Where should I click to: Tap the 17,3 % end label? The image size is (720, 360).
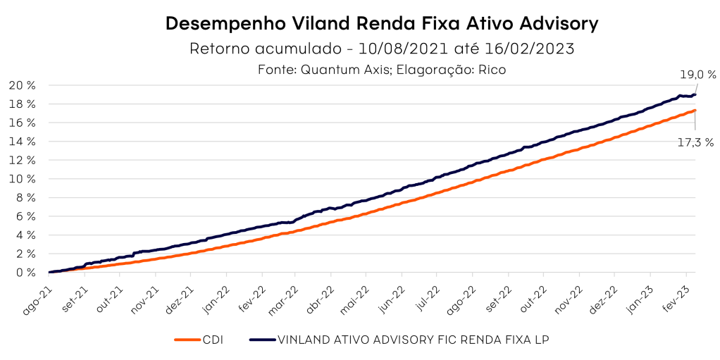695,142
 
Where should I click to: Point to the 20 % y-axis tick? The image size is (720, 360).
22,85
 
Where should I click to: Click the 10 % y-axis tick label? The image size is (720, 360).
22,179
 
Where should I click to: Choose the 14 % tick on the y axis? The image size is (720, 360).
22,142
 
